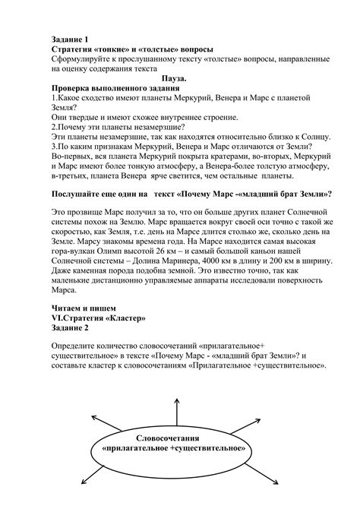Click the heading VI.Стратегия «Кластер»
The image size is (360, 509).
click(98, 318)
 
